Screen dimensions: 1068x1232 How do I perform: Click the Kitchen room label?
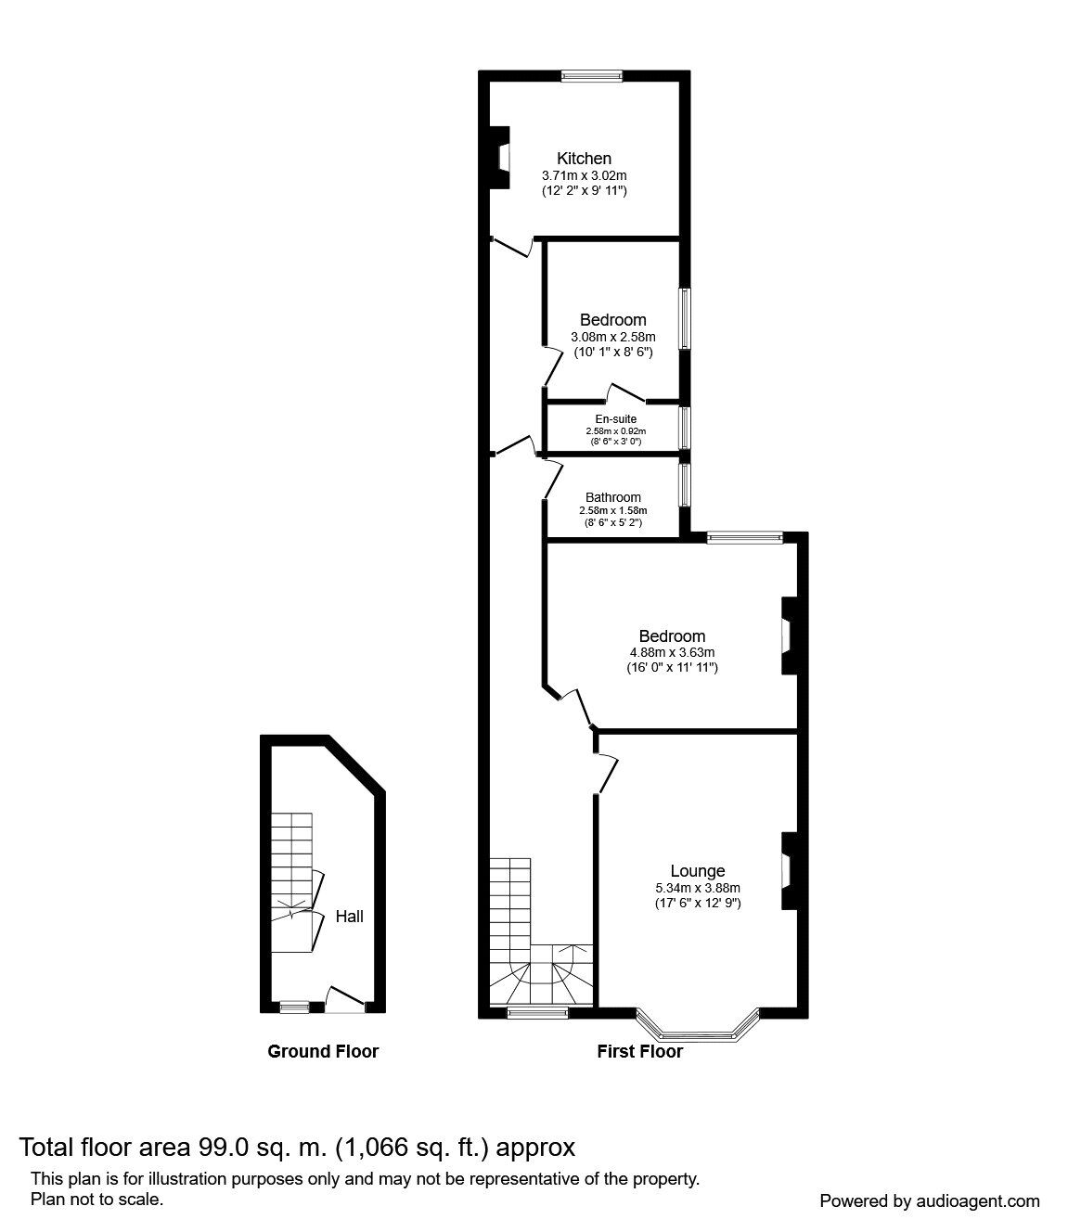[584, 159]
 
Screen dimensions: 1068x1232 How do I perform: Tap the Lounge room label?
[698, 871]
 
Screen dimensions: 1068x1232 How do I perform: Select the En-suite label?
[615, 419]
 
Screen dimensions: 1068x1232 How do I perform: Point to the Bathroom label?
[613, 497]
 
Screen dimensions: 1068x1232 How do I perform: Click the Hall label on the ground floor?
[350, 916]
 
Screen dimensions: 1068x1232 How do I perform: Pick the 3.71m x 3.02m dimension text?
[584, 176]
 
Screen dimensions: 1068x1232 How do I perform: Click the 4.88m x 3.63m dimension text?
[672, 653]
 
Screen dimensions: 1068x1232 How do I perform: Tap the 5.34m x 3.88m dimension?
[698, 888]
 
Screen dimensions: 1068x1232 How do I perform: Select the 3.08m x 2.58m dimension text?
[613, 338]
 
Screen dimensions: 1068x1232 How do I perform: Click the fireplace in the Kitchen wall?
[500, 158]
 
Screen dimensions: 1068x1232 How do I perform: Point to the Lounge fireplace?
[790, 871]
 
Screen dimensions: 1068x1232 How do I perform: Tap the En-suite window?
[685, 428]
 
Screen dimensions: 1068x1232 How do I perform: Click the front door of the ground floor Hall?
[346, 1007]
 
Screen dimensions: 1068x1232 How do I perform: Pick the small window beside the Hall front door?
[294, 1007]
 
